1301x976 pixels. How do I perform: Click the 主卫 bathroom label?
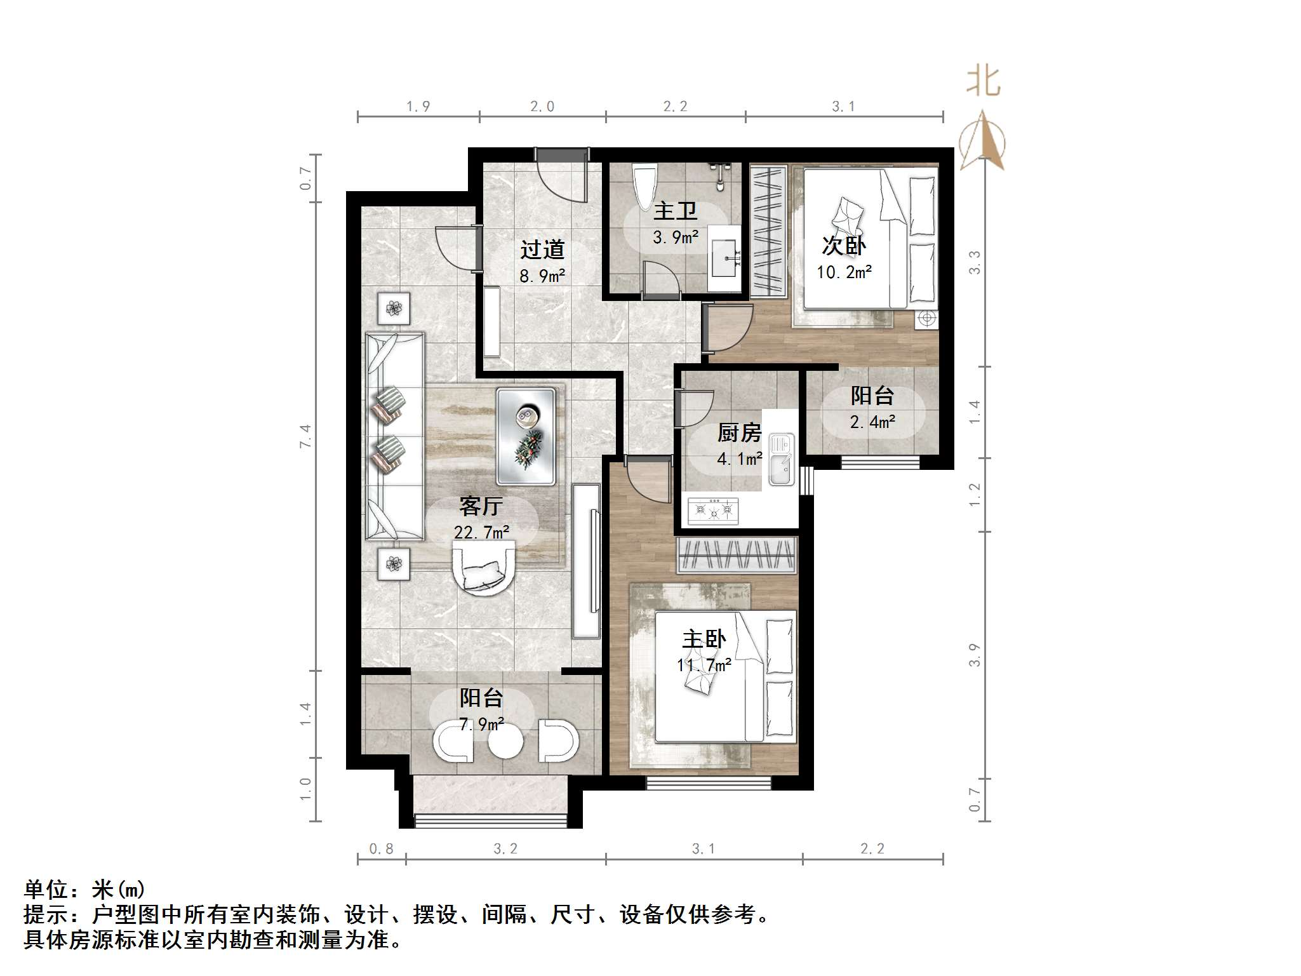click(x=676, y=211)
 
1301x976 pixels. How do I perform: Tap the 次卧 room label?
click(x=844, y=246)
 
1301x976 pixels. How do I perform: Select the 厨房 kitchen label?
click(x=739, y=433)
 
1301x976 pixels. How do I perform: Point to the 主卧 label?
click(x=704, y=639)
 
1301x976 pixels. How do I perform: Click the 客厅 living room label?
click(x=481, y=506)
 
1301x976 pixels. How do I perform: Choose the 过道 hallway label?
click(x=542, y=250)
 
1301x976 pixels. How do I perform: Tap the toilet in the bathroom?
click(x=646, y=185)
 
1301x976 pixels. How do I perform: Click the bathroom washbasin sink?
click(x=725, y=258)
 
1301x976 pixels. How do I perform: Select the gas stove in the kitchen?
click(x=713, y=511)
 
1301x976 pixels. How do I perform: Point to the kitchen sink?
click(x=781, y=459)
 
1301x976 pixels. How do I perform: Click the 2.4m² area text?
click(x=873, y=422)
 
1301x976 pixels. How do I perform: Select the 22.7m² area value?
click(x=481, y=532)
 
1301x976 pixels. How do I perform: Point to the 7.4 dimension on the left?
click(x=306, y=436)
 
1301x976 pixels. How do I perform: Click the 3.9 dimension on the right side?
click(x=975, y=655)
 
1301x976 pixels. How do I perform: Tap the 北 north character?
click(x=984, y=83)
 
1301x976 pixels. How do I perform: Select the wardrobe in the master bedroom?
click(x=737, y=555)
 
